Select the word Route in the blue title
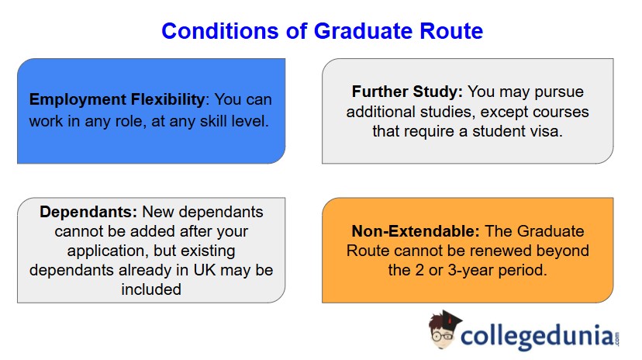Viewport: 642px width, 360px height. [x=447, y=31]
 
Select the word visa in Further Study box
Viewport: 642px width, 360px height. [x=546, y=131]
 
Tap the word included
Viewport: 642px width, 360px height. [x=151, y=289]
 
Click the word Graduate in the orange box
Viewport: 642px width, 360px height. [x=554, y=231]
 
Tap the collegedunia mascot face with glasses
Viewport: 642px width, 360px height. [x=443, y=332]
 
